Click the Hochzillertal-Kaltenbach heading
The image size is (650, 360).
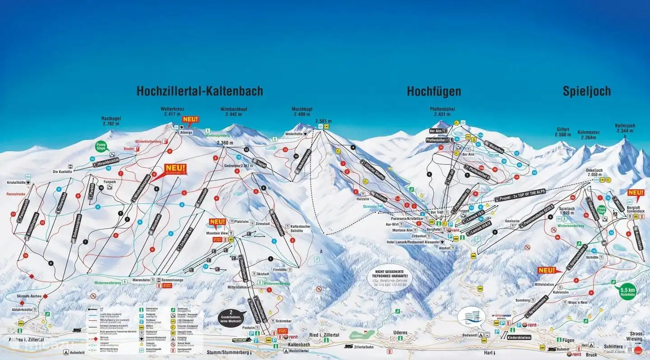click(200, 91)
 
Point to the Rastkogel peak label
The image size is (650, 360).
click(111, 121)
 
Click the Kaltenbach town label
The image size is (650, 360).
click(298, 345)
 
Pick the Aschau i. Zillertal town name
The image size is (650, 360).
click(26, 339)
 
